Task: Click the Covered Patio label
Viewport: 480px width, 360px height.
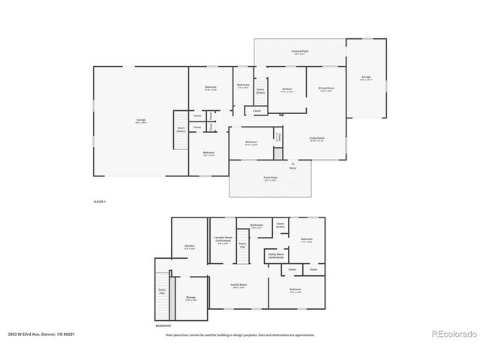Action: pos(300,52)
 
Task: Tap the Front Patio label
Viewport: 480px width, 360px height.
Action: pos(268,178)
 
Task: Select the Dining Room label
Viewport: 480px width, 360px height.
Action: pos(325,88)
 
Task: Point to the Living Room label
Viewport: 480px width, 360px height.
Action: pos(316,139)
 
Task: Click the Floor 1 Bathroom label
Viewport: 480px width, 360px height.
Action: pos(243,85)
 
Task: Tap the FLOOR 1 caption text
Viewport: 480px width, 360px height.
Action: pos(99,202)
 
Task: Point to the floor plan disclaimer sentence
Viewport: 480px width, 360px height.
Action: pos(240,334)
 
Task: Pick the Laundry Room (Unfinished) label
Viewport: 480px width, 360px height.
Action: pos(223,239)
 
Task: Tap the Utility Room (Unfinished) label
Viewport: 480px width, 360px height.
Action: pos(275,256)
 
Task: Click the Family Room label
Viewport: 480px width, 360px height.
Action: pos(238,286)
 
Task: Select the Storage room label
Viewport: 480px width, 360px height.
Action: pos(191,298)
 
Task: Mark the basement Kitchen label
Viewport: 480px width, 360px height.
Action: pos(190,247)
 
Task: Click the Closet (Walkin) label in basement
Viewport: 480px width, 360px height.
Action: pos(280,225)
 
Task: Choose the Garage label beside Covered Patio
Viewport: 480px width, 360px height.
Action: pos(366,77)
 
